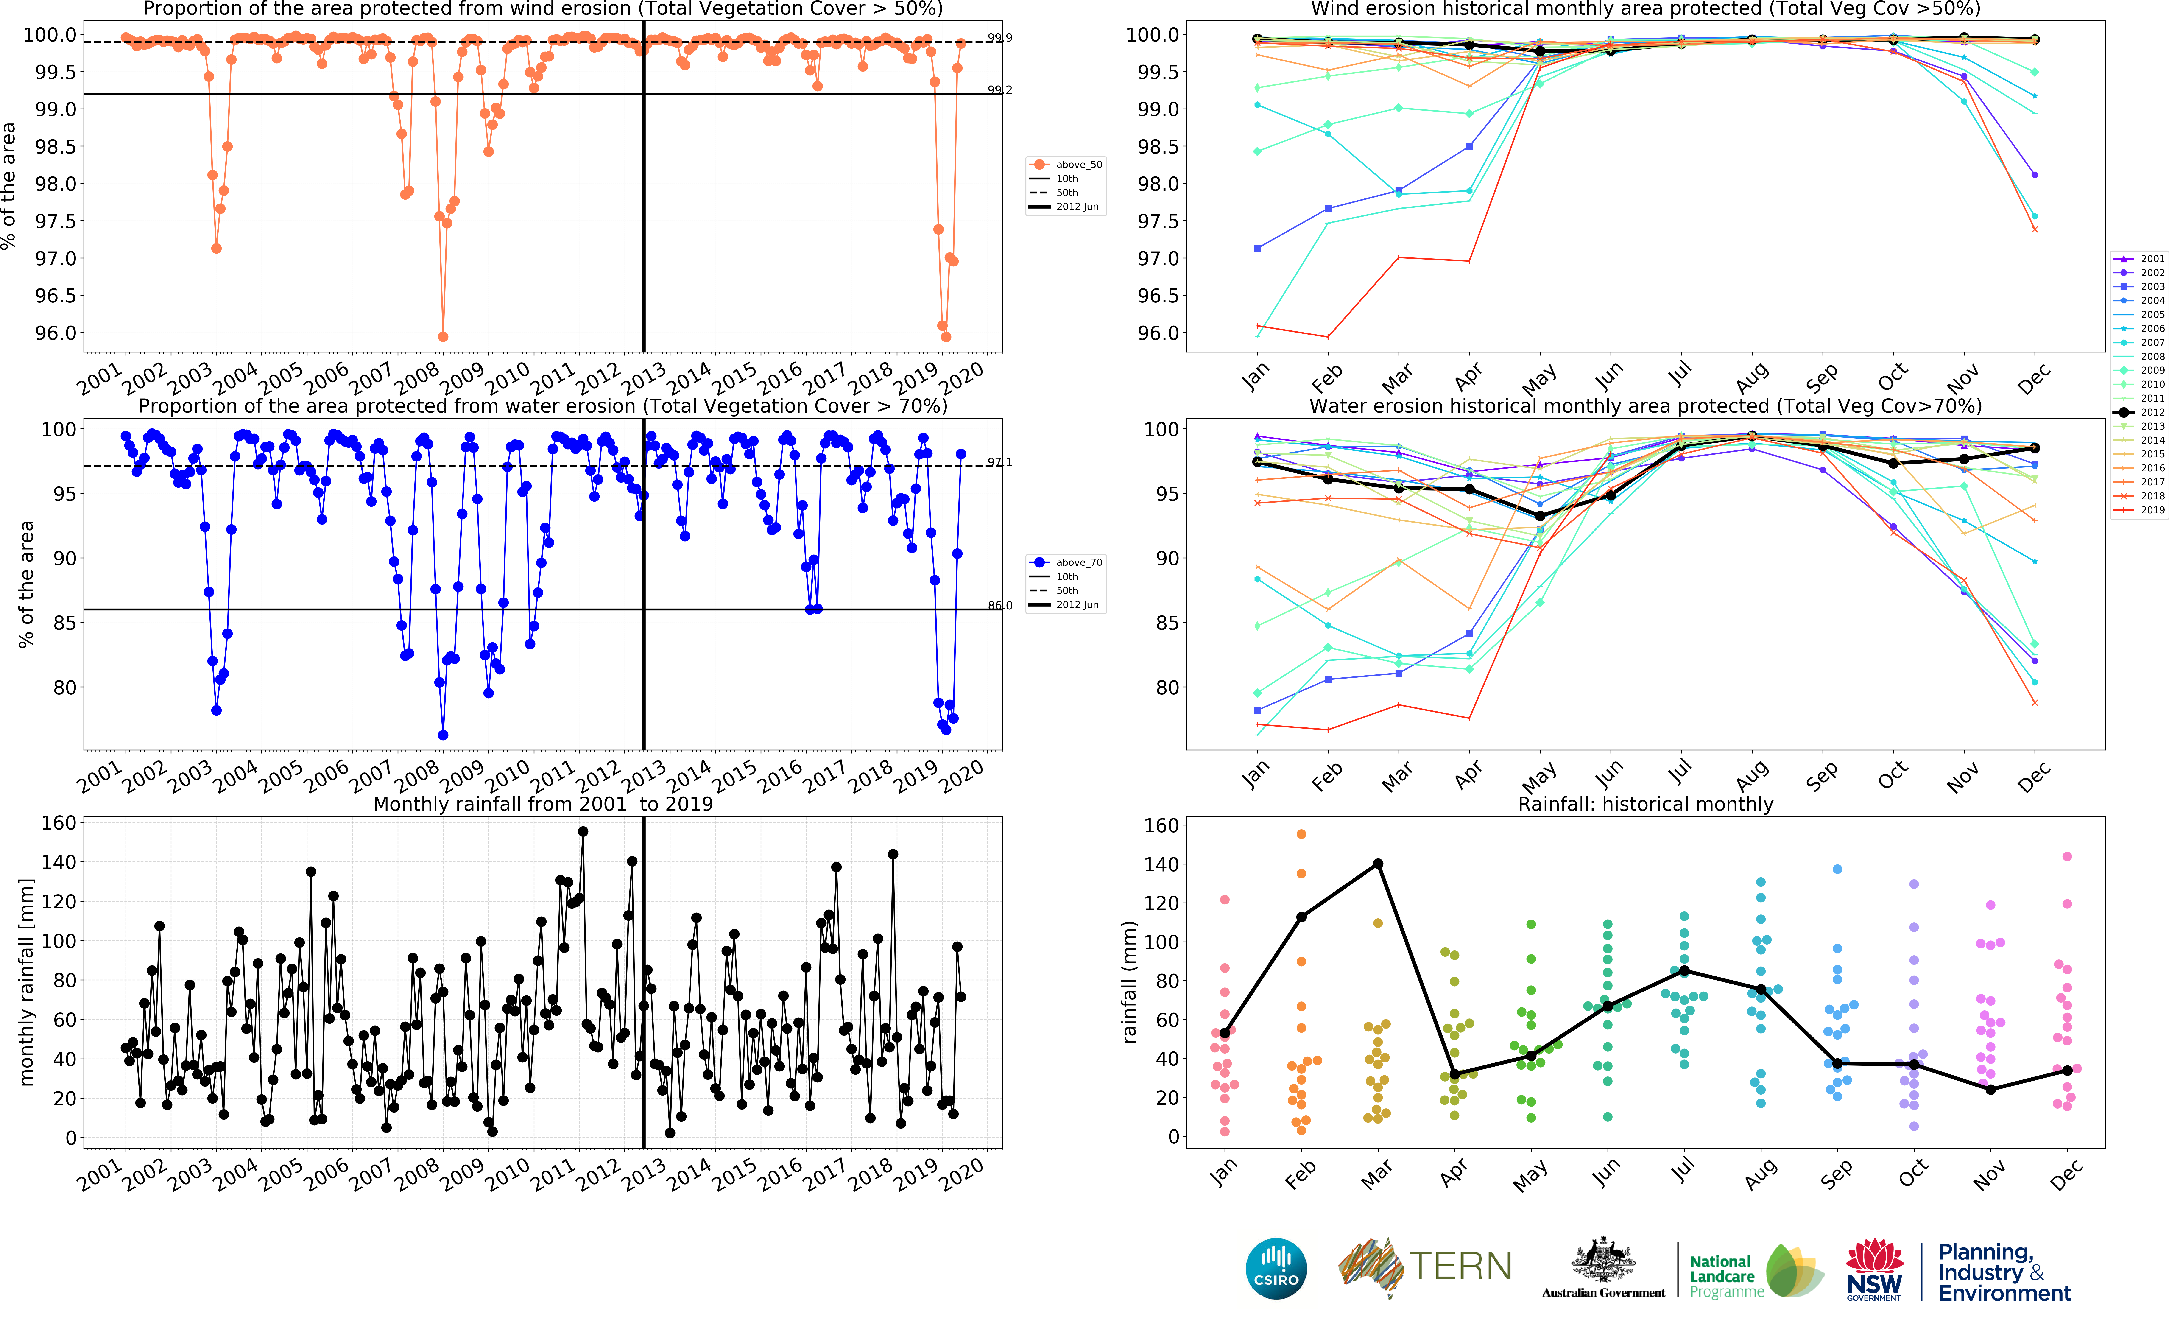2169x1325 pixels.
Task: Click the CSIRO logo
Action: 1276,1269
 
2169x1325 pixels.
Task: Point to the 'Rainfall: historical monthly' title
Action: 1645,804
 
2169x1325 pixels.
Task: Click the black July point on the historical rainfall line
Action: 1684,970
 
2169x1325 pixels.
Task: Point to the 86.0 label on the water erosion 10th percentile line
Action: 999,606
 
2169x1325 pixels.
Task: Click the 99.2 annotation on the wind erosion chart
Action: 999,90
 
